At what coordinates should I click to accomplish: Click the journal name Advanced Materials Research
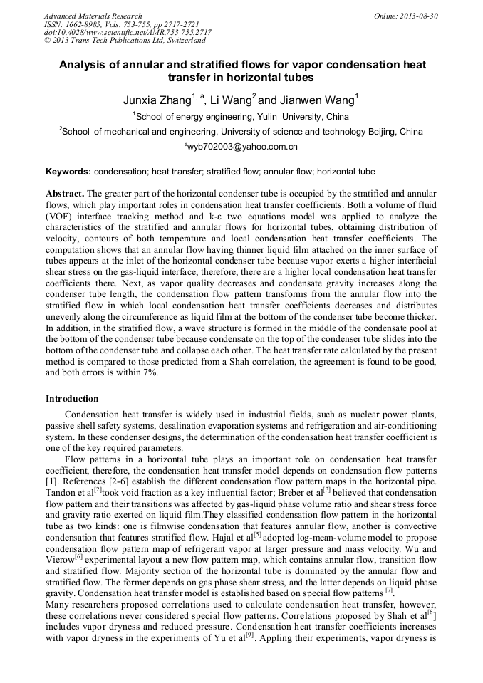tap(93, 16)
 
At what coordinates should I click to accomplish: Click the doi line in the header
tap(127, 32)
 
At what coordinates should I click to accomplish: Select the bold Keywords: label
tap(68, 172)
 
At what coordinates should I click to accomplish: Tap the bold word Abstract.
tap(65, 194)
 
